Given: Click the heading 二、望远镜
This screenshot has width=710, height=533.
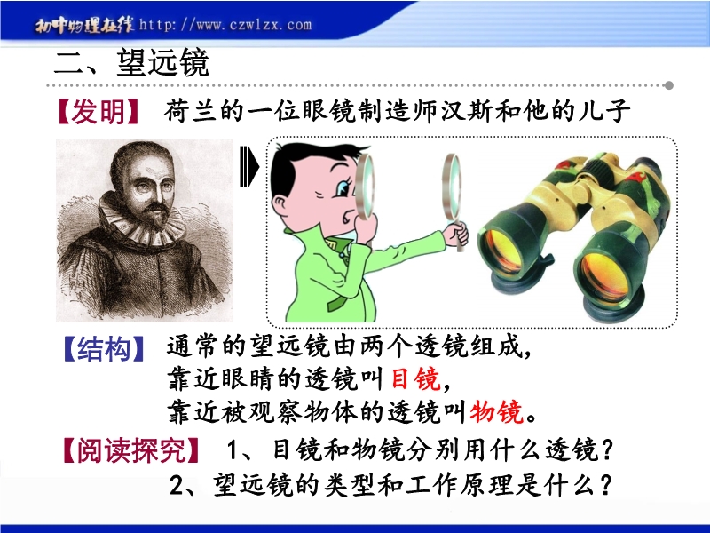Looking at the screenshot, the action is [131, 63].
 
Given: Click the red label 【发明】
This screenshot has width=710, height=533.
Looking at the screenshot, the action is [98, 112].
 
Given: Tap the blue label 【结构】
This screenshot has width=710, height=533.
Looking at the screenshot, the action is [104, 349].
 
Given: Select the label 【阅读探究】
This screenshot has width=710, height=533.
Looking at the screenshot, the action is [130, 450].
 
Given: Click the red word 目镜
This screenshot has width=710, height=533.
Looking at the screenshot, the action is [415, 379].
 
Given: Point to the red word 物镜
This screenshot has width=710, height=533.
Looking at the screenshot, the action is [497, 411].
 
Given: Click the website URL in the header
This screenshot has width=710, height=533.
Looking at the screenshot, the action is [225, 25].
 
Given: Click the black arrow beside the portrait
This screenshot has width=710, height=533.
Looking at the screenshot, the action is [248, 166].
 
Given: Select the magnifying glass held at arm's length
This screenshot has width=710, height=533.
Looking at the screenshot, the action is [453, 190].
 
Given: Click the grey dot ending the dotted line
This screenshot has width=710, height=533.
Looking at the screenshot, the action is [669, 85].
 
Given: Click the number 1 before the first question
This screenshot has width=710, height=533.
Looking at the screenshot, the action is [233, 450].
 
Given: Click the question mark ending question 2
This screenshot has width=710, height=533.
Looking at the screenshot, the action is [605, 485].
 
